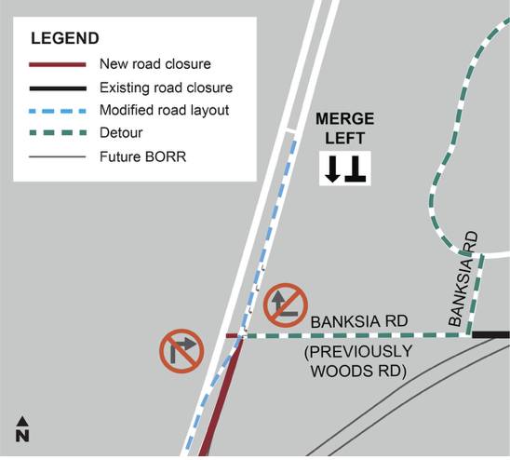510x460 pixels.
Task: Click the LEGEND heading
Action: tap(65, 38)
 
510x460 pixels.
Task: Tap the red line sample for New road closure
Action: tap(58, 64)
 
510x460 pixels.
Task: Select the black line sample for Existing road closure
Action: tap(58, 88)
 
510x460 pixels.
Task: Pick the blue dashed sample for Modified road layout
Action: tap(58, 112)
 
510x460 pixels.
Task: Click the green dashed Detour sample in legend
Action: tap(58, 133)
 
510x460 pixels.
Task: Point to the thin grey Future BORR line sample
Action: tap(58, 157)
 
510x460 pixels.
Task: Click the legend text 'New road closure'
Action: tap(155, 64)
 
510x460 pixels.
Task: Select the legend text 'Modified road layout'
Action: tap(164, 111)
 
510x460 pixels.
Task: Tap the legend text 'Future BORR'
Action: tap(142, 156)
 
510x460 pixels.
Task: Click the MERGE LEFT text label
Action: tap(344, 129)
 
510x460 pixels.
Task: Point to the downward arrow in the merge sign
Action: tap(332, 169)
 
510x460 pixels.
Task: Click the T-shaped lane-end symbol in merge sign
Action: tap(356, 169)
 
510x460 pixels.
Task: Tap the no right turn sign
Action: tap(181, 351)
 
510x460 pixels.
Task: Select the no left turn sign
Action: tap(286, 305)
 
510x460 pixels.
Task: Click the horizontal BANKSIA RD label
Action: tap(359, 321)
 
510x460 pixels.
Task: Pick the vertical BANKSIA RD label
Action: tap(463, 279)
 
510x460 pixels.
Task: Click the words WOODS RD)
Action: tap(358, 372)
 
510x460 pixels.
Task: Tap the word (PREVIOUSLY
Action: tap(358, 352)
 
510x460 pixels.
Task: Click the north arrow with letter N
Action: tap(22, 428)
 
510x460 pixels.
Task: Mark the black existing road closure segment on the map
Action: tap(490, 334)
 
